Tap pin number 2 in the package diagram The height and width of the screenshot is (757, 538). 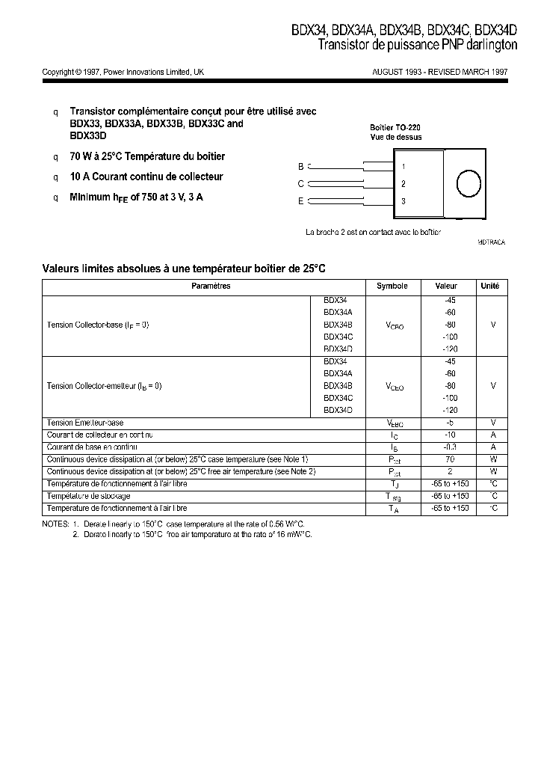403,184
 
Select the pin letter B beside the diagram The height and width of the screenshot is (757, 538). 300,166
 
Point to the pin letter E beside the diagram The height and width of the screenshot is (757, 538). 300,201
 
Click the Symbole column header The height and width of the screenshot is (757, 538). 392,286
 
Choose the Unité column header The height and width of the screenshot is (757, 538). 489,286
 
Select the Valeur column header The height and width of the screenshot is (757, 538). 445,286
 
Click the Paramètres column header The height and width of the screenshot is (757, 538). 211,286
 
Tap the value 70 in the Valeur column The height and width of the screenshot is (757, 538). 450,459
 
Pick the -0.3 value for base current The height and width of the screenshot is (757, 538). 449,447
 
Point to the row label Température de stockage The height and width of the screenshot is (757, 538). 88,496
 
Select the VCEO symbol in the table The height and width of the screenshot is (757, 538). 395,387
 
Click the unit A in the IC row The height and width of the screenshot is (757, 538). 493,435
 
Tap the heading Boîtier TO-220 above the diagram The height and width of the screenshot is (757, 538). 396,127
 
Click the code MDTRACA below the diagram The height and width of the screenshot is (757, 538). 491,243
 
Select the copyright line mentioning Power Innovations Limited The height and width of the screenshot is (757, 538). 123,73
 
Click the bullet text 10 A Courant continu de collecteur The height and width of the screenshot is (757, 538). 146,177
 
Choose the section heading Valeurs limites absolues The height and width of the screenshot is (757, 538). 184,267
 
